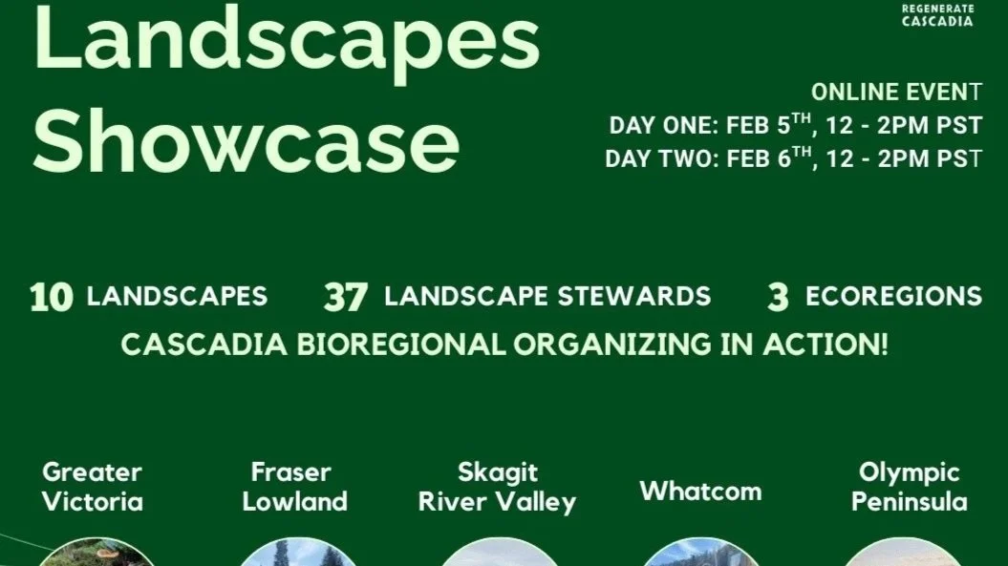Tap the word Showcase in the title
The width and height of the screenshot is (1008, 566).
pos(247,140)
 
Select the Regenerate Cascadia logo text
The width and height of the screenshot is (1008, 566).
pos(937,14)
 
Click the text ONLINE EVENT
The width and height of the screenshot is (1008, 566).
pos(896,93)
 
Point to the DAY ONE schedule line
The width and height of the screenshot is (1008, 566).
pos(795,125)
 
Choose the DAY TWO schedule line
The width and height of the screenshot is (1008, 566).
pos(793,157)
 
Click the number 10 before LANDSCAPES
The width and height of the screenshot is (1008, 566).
pos(51,297)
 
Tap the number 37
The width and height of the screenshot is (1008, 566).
pos(345,297)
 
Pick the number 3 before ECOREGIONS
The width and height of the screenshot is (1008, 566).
pos(778,297)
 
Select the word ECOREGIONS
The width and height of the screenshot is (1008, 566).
pos(893,296)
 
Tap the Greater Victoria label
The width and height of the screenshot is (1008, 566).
pos(93,486)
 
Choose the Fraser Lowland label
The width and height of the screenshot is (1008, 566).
pos(294,486)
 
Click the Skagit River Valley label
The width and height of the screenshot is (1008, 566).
pos(497,486)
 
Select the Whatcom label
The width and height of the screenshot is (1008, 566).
pos(700,492)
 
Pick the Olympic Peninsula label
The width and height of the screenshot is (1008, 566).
pos(909,486)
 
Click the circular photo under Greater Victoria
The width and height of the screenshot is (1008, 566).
pos(96,554)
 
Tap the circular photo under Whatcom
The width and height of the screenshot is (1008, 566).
pos(700,555)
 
